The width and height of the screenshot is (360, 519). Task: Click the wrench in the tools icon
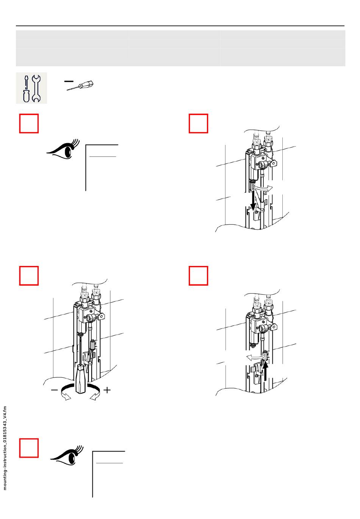36,88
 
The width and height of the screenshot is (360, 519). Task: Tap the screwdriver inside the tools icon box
26,88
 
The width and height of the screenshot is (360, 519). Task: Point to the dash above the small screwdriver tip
69,81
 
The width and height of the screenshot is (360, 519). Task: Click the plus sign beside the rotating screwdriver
107,389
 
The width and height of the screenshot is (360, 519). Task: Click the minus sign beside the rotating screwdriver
55,389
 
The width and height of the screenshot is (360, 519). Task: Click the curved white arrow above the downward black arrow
263,187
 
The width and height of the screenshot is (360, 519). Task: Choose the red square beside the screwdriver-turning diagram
29,275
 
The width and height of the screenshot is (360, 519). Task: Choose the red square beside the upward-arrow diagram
199,275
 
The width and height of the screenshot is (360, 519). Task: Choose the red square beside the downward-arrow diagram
199,123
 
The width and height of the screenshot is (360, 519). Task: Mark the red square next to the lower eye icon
29,448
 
